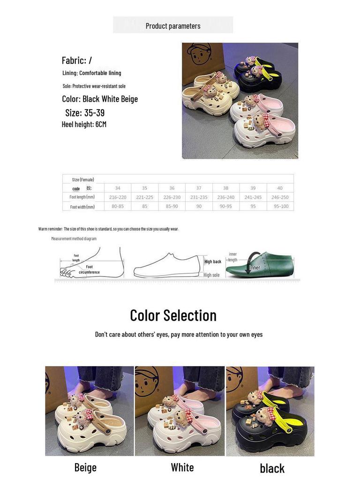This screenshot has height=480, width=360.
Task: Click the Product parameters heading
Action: tap(173, 26)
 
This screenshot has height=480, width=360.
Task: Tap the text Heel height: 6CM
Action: tap(84, 124)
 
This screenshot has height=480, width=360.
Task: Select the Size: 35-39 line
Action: tap(85, 113)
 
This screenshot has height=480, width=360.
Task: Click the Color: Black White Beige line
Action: tap(100, 99)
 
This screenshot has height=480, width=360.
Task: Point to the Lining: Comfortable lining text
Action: tap(92, 73)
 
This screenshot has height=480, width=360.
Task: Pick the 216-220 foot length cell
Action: tap(118, 197)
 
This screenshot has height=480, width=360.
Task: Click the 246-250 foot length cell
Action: tap(280, 197)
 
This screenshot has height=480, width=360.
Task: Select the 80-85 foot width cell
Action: tap(118, 206)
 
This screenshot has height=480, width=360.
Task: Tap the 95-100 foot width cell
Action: tap(281, 206)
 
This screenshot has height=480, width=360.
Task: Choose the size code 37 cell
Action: tap(199, 188)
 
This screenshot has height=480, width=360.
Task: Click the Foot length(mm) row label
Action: tap(82, 197)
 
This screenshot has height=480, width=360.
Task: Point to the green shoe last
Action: tap(261, 264)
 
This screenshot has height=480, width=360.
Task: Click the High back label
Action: tap(213, 262)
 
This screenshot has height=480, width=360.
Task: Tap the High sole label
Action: tap(211, 275)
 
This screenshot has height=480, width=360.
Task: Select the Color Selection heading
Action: tap(173, 315)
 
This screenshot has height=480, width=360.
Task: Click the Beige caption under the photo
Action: tap(85, 467)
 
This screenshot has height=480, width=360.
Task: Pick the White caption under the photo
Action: tap(182, 467)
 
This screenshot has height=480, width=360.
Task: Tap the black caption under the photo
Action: tap(272, 468)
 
